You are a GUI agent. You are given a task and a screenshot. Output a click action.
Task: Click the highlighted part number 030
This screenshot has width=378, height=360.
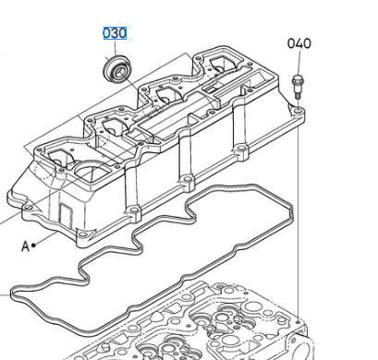(x=115, y=33)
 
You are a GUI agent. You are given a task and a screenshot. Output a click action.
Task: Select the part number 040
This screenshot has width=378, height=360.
(x=299, y=43)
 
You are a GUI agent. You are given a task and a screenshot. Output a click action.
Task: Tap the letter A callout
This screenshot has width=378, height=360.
(x=25, y=246)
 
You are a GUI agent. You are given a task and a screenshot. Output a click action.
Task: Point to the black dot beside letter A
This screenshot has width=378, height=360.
(x=33, y=245)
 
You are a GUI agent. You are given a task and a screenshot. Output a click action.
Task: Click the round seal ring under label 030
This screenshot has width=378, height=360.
(x=116, y=69)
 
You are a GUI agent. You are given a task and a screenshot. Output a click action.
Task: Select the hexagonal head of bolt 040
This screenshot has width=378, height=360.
(x=298, y=81)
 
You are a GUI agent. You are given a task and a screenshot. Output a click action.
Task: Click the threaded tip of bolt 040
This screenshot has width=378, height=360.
(x=298, y=96)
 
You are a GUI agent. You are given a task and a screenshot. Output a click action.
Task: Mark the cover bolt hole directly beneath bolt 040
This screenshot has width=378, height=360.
(x=298, y=110)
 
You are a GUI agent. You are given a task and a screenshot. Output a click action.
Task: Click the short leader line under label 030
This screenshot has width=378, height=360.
(x=115, y=48)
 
